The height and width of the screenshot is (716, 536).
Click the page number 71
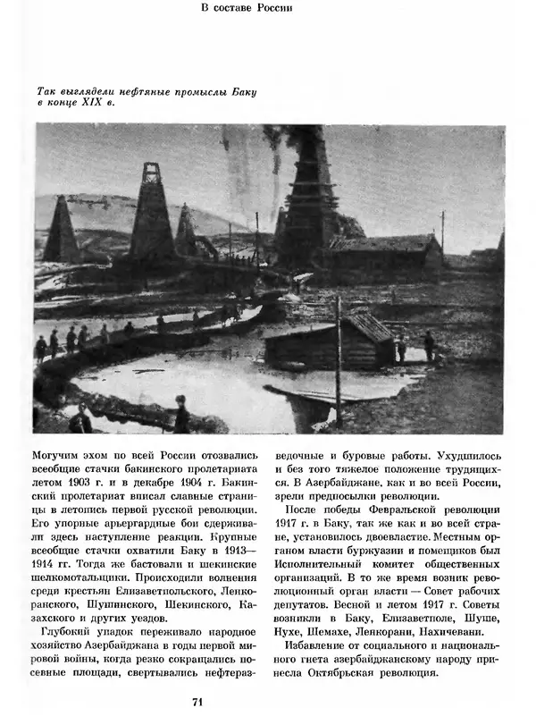tap(197, 701)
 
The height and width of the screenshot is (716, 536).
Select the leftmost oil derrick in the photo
tap(62, 230)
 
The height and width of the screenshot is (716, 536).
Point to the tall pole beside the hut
tap(339, 358)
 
